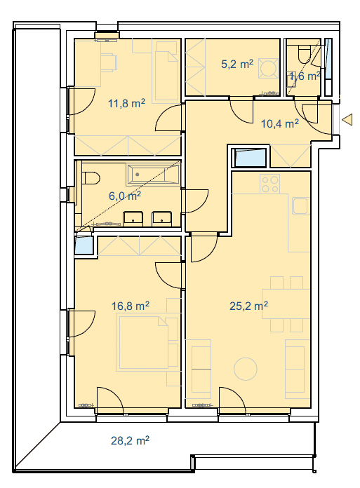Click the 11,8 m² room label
126,103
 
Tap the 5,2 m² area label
237,64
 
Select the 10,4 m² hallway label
280,123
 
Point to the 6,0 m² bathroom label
125,196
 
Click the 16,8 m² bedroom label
130,306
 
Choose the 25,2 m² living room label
248,306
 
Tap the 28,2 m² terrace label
130,440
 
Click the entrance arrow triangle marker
347,119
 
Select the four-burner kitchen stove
270,184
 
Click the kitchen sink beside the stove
300,205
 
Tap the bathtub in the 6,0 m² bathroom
153,175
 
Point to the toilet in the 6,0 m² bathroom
91,178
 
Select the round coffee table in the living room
246,369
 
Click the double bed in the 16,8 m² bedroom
148,342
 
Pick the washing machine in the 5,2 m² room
268,68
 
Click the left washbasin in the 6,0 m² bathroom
133,219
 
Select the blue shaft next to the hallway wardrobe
251,158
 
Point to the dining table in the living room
286,304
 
